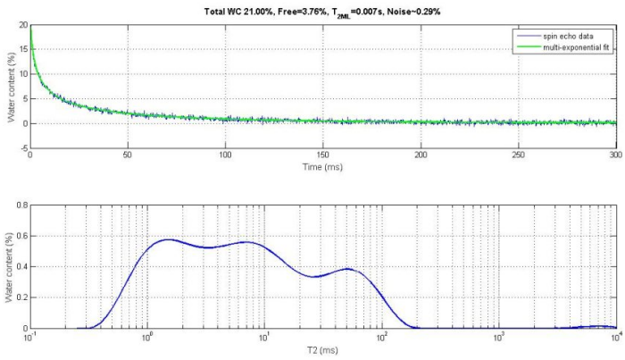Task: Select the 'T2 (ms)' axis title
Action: [x=322, y=350]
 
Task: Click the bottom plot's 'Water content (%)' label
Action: [x=12, y=266]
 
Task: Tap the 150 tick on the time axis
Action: [x=323, y=155]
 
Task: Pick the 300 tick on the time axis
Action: [x=614, y=155]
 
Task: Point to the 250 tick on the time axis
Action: [x=518, y=155]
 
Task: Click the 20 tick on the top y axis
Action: [x=21, y=25]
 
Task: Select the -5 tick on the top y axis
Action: [x=21, y=148]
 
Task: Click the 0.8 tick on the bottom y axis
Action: [x=21, y=205]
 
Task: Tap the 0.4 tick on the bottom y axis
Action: [x=21, y=267]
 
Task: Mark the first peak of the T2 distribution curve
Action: [x=168, y=239]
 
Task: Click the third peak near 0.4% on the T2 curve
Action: [x=348, y=269]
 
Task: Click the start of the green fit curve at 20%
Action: [x=31, y=27]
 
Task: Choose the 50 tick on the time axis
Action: [x=129, y=155]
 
